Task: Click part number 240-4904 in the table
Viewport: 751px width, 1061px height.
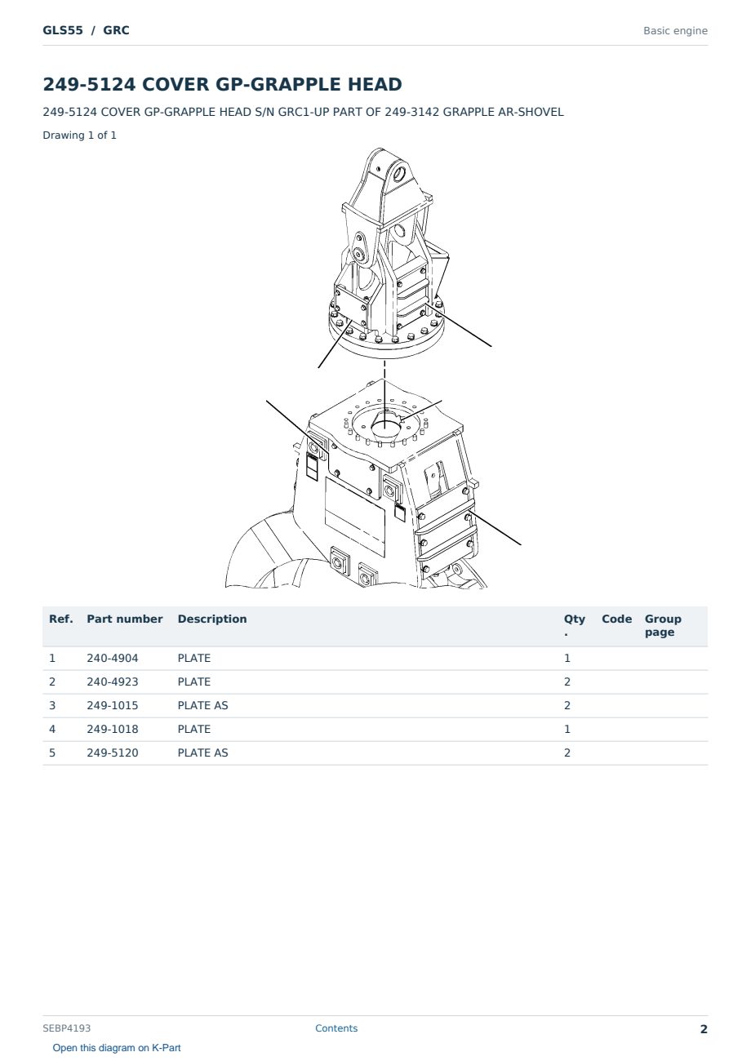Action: (x=113, y=658)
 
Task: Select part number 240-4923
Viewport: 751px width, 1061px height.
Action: (x=113, y=681)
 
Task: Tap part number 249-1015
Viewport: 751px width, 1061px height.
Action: (x=113, y=705)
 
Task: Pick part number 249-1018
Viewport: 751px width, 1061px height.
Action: (x=113, y=729)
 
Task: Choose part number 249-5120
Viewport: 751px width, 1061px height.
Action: (x=113, y=752)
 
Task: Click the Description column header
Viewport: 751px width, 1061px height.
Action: (x=211, y=619)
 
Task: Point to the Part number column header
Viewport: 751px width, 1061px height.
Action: (x=125, y=619)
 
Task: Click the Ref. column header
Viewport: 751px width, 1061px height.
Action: (x=61, y=619)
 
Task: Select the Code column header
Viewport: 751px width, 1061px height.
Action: (x=616, y=619)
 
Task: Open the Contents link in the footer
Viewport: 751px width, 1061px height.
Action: (x=336, y=1028)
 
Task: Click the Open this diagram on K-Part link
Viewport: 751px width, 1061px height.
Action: (x=117, y=1048)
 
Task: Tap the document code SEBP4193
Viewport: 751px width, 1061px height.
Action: (x=66, y=1028)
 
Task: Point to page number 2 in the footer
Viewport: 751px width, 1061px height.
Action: (x=704, y=1029)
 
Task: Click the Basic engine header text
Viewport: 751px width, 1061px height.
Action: (x=675, y=31)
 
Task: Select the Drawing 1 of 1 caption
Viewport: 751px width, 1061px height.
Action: (x=80, y=135)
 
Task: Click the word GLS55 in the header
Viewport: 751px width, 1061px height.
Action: (x=63, y=30)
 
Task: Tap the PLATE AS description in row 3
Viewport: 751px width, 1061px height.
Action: (x=202, y=705)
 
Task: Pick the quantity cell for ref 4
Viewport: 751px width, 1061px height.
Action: (x=567, y=729)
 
